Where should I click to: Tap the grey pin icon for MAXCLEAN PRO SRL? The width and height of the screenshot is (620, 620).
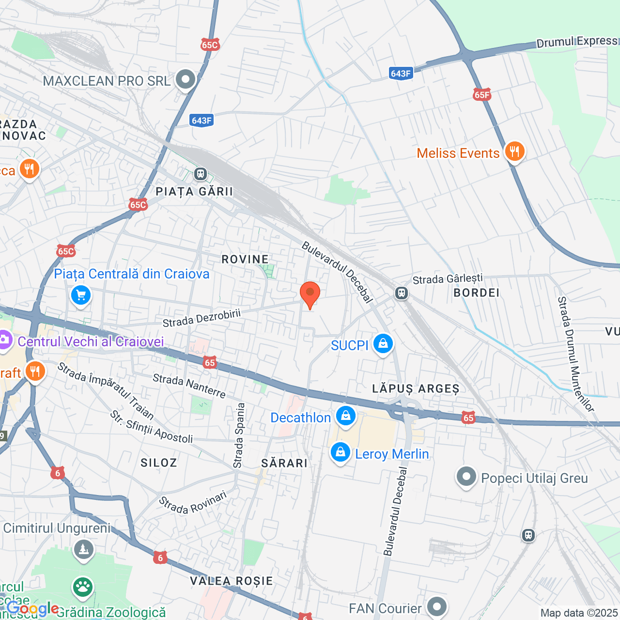185,80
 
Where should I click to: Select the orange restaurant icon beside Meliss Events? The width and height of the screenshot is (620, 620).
514,152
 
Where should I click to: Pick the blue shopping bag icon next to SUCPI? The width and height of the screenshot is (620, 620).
383,344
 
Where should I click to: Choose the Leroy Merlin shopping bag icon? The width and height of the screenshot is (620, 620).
340,453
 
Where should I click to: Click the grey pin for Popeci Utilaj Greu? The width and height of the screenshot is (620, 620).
466,477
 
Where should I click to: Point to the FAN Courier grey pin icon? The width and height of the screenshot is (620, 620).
437,606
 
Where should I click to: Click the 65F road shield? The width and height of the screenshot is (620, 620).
482,95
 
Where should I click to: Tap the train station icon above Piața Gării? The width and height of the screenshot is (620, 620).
201,174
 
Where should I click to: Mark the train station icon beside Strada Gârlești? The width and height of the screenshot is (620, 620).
402,293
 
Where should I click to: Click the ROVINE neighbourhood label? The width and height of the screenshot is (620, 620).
245,259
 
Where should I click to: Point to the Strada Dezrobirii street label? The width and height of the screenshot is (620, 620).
201,318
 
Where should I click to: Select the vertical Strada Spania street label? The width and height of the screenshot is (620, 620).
239,436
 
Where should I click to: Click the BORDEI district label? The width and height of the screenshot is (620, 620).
476,293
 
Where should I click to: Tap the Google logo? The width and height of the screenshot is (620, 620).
32,608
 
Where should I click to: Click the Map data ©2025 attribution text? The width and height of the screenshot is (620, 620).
579,613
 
